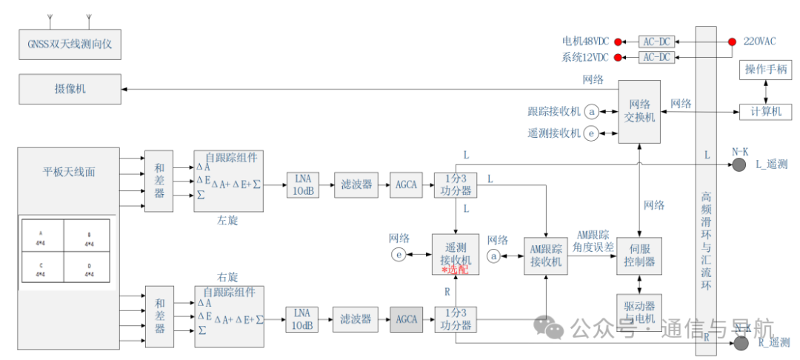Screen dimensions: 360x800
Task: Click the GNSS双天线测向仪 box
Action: coord(70,45)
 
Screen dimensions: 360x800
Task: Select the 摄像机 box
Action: coord(70,88)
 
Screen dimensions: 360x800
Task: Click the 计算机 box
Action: coord(766,111)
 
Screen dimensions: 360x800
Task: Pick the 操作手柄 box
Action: coord(766,70)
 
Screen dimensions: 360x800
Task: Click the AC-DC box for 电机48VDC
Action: coord(656,41)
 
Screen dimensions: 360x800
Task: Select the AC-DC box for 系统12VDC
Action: coord(656,57)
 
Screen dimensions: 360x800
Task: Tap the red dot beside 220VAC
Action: coord(731,41)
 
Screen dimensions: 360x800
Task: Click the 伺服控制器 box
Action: coord(639,256)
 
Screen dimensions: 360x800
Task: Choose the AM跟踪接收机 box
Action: coord(546,256)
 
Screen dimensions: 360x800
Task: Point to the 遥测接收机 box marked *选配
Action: coord(456,256)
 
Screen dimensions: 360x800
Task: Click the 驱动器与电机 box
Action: coord(639,311)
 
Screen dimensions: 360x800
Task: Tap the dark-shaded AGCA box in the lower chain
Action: coord(407,319)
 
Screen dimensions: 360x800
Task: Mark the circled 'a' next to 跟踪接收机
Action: coord(591,112)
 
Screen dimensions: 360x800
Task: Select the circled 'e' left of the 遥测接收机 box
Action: coord(399,256)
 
